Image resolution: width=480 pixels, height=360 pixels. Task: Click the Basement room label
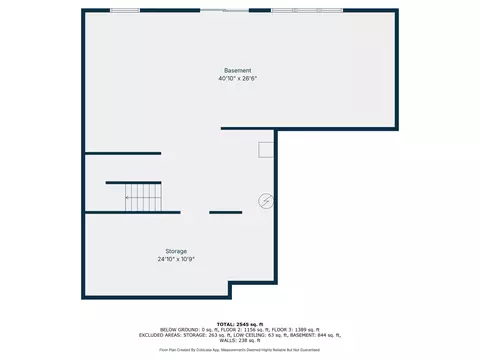click(x=238, y=70)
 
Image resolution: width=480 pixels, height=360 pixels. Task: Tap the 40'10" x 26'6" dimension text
click(x=238, y=78)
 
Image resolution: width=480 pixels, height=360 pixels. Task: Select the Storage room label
click(x=176, y=250)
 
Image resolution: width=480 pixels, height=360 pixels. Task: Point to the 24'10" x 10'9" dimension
click(x=176, y=258)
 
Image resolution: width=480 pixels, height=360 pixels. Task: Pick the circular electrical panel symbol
click(x=266, y=201)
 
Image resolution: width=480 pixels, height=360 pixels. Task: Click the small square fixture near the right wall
click(x=266, y=149)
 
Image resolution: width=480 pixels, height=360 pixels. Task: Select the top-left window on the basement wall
click(x=124, y=10)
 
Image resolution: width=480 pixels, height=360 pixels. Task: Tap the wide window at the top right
click(x=306, y=10)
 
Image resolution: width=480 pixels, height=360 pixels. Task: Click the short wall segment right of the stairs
click(x=225, y=212)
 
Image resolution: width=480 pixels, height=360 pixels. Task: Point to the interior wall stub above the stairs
click(x=123, y=153)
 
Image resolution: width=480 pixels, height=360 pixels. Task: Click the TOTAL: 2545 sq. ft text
click(x=240, y=324)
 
